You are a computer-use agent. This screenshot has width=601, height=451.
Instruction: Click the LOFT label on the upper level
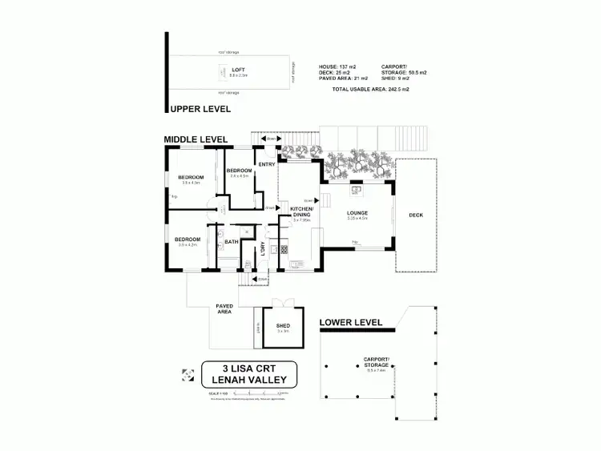pos(238,70)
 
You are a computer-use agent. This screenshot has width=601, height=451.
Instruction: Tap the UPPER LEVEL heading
pos(199,108)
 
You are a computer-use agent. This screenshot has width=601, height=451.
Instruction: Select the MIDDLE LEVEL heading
pos(196,139)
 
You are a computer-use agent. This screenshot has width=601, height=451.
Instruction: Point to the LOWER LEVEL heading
pos(351,322)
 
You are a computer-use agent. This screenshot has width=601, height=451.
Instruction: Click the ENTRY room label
pos(267,164)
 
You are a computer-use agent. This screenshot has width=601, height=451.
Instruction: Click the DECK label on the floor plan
pos(416,215)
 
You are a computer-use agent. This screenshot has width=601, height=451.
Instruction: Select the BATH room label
pos(231,242)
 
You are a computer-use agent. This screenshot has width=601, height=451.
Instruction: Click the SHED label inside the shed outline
pos(283,325)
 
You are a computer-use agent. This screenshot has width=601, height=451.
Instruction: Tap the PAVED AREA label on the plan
pos(224,308)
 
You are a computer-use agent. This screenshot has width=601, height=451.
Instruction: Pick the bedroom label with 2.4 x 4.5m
pos(240,171)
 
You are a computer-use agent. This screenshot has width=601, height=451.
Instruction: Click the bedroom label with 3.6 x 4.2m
pos(188,239)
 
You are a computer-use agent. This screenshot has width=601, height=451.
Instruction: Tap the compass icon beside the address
pos(188,374)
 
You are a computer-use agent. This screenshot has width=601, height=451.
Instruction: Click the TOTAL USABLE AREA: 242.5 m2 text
pos(371,89)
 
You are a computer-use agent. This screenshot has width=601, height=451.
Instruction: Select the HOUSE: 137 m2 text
pos(343,66)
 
